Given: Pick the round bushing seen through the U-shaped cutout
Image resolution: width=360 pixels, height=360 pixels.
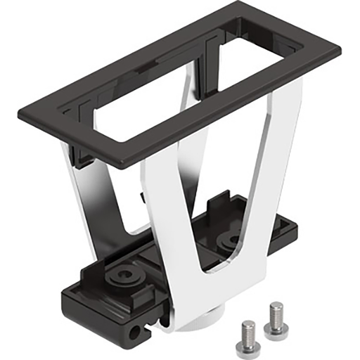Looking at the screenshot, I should [229, 241].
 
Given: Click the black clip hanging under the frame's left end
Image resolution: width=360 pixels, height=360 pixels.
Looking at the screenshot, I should [82, 155].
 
